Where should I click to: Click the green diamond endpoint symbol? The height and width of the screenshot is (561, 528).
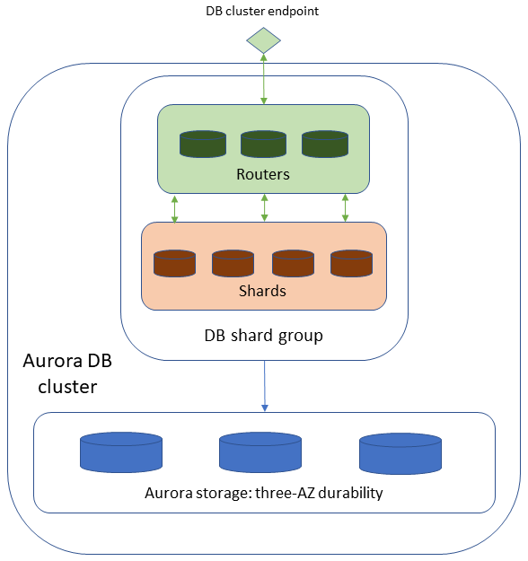[264, 39]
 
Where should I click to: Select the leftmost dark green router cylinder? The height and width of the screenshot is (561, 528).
[203, 145]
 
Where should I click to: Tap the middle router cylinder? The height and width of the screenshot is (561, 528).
[264, 145]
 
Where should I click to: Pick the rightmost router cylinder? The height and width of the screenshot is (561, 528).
[324, 145]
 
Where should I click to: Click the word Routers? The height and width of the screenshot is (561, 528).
[263, 174]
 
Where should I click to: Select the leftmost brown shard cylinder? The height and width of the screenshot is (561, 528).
[174, 263]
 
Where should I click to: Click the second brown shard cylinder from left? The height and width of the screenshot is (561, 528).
[233, 263]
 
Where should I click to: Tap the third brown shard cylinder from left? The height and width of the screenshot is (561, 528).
[293, 263]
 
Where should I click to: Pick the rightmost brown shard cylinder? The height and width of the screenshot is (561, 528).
[351, 263]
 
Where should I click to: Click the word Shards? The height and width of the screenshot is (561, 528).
[263, 291]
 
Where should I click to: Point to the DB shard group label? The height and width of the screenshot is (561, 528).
[263, 336]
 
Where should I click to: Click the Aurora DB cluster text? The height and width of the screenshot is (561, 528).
[68, 374]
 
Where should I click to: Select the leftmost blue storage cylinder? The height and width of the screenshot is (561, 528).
[121, 453]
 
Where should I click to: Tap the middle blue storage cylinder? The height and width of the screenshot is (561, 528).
[261, 453]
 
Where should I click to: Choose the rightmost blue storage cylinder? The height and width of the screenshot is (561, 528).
[400, 453]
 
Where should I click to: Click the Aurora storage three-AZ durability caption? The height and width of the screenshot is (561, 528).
[264, 494]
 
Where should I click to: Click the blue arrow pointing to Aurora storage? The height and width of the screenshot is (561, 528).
[264, 386]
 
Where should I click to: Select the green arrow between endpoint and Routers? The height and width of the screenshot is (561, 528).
[264, 78]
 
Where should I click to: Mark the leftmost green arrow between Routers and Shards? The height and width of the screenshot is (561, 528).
[175, 207]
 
